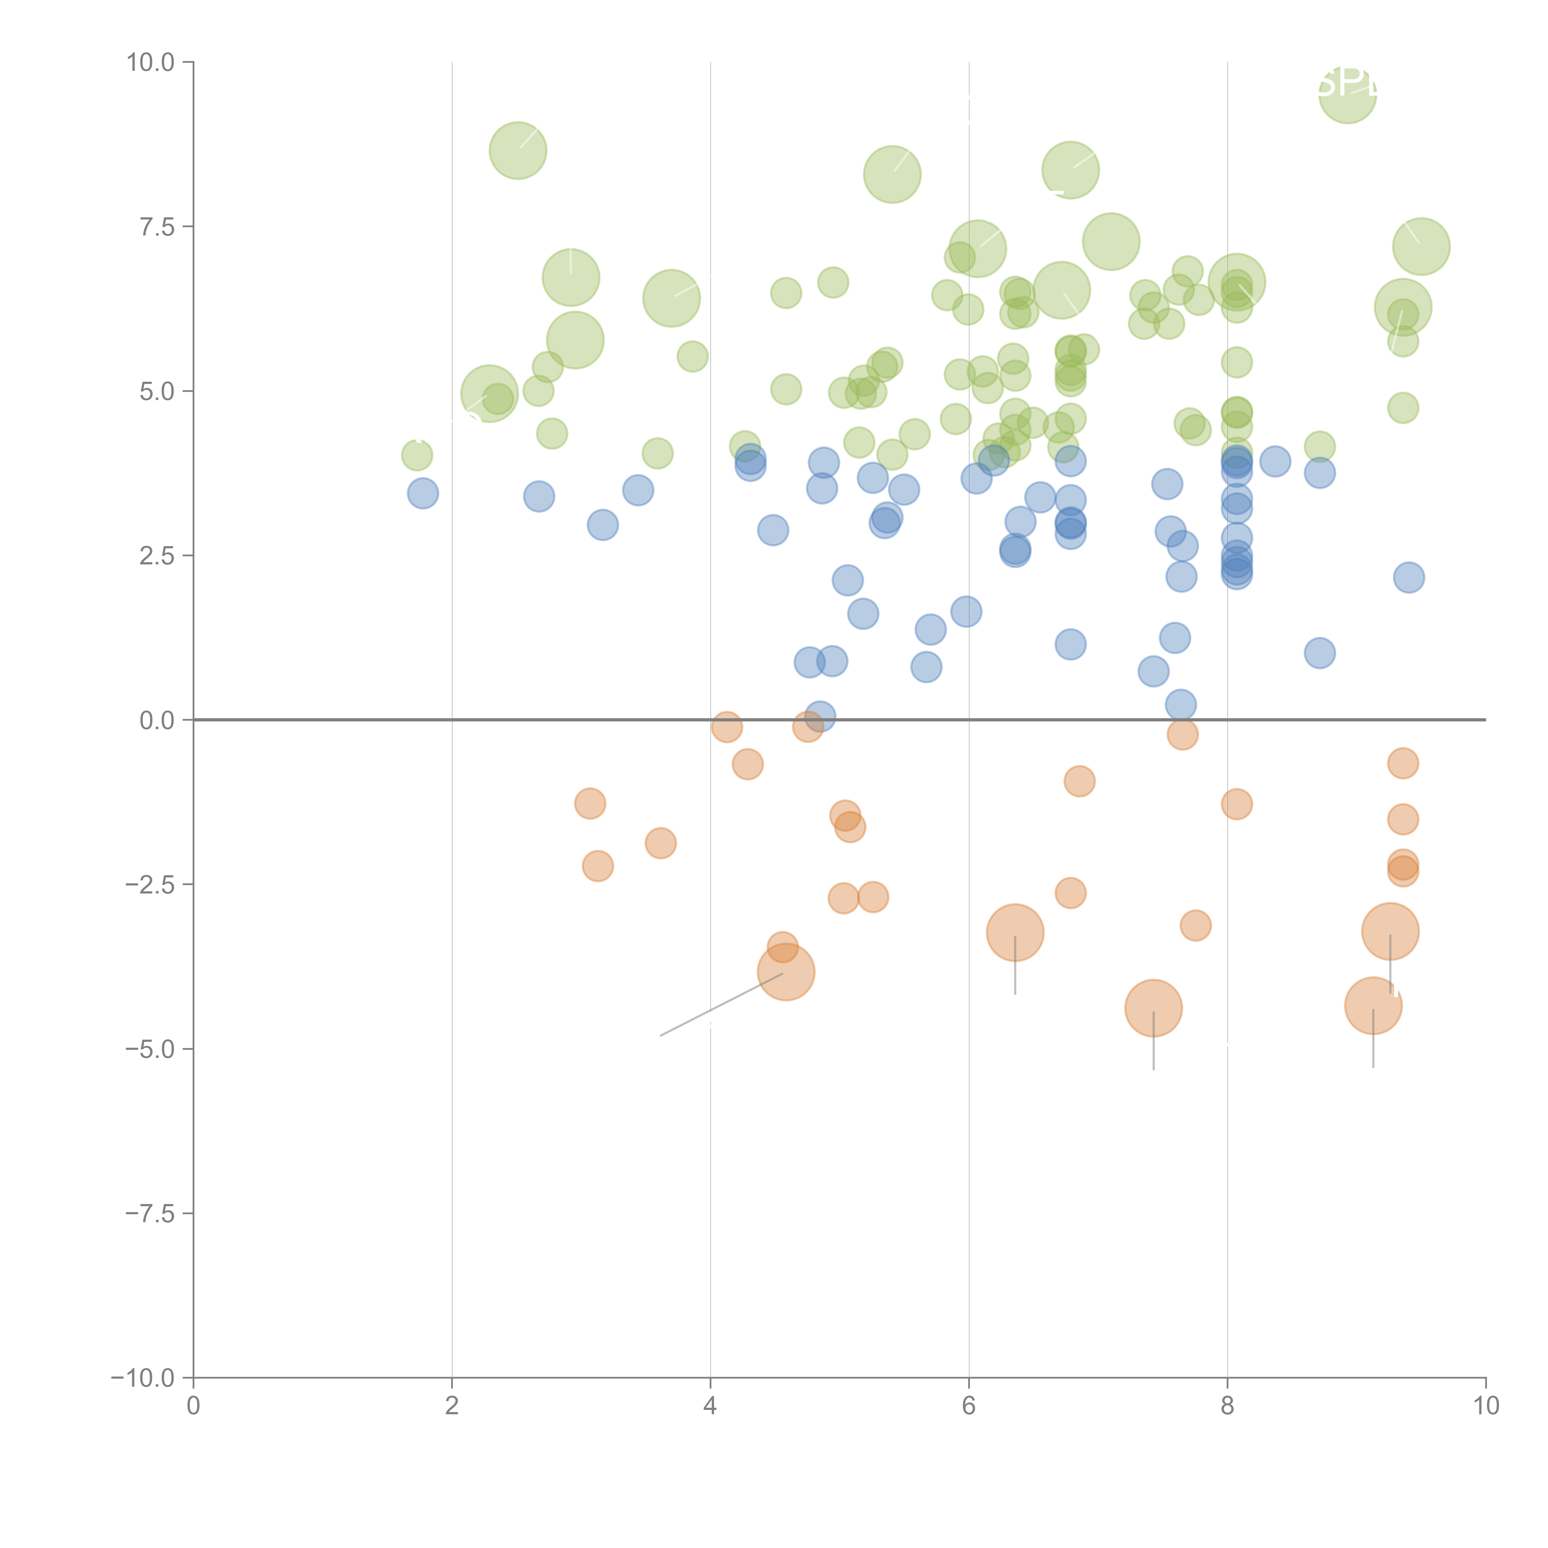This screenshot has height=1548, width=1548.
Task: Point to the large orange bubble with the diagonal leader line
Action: tap(786, 972)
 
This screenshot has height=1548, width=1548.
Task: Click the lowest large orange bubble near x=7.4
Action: tap(1153, 1008)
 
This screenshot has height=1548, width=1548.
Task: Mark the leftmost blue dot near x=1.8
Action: tap(423, 493)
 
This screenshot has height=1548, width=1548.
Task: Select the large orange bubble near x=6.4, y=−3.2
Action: tap(1015, 932)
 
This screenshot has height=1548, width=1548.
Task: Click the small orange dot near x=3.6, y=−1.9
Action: tap(660, 843)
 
